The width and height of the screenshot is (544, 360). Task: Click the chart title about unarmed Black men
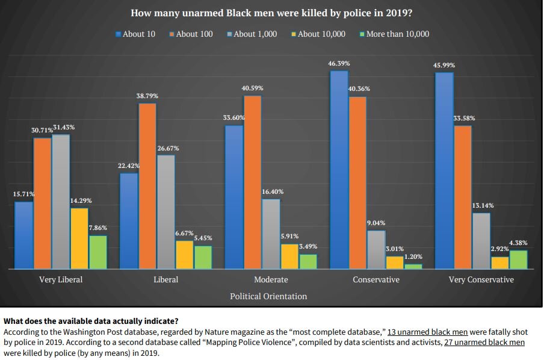[271, 13]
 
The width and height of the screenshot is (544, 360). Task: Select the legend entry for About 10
[135, 34]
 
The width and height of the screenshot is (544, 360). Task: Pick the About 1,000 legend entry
[252, 34]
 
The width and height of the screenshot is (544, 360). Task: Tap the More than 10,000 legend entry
[394, 34]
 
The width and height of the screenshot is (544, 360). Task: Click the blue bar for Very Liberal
[24, 235]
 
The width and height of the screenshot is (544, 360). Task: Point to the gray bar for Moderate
[271, 234]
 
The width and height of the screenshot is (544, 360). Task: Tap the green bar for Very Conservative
[518, 259]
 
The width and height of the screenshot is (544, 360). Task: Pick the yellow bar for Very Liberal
[79, 238]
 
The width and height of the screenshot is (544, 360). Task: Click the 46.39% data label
[339, 63]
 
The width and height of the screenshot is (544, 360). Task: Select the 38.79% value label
[147, 96]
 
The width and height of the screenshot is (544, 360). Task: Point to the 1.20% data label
[413, 257]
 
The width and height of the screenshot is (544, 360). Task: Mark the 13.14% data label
[483, 205]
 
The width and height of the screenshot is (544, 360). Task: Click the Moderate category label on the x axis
[271, 279]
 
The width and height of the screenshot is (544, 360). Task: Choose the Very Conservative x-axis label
[481, 279]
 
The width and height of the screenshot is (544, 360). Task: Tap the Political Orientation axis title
[268, 296]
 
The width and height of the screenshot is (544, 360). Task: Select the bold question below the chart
[90, 321]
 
